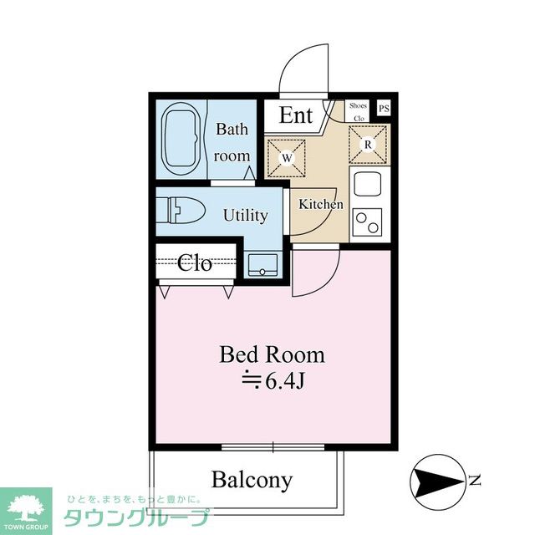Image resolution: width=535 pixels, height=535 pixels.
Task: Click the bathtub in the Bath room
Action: coord(182,140)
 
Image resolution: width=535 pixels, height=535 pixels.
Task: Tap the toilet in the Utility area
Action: coord(181,210)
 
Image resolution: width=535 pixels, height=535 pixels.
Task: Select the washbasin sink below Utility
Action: coord(262,265)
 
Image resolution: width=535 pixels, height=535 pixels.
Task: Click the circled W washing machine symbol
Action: coord(287,158)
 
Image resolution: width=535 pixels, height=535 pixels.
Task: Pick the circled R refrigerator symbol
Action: coord(368,145)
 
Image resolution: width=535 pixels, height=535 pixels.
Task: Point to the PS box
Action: coord(384,109)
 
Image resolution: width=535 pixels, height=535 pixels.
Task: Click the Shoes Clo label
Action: coord(358,111)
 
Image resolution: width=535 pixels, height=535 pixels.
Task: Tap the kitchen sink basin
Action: coord(368,183)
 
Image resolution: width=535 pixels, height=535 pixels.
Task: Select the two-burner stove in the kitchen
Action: coord(368,222)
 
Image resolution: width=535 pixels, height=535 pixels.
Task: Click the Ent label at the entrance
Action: coord(296,115)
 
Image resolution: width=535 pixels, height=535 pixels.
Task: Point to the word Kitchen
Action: coord(321,204)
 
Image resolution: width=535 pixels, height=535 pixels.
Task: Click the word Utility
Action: coord(246,216)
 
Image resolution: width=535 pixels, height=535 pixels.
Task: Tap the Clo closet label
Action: coord(195,263)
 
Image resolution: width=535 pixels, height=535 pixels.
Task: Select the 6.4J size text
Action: coord(273,382)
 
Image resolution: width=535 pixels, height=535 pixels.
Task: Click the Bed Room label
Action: coord(272,354)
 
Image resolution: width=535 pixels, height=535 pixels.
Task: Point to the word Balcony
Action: coord(252,480)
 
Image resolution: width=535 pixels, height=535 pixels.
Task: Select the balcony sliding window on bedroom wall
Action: coord(273,446)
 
